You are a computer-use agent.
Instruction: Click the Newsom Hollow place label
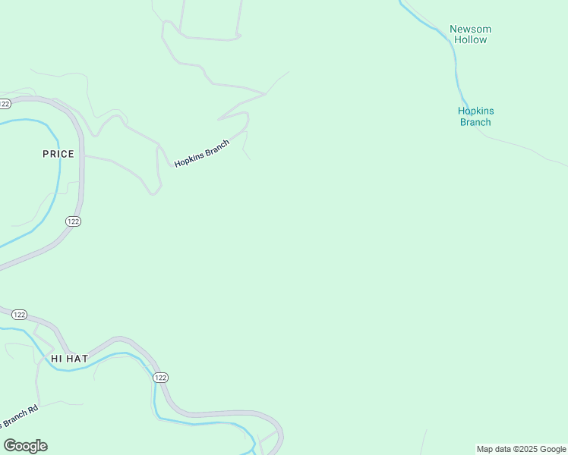point(471,34)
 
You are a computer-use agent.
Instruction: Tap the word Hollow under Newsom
point(471,39)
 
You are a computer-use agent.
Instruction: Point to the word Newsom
point(471,29)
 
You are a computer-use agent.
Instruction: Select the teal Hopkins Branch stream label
point(475,116)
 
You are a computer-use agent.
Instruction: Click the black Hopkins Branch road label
point(201,153)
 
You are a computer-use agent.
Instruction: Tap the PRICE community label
point(58,154)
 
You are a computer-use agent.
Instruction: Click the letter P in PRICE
point(46,154)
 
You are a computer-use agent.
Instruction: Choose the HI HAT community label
point(70,358)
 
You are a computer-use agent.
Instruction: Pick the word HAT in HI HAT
point(78,358)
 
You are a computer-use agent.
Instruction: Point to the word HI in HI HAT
point(56,358)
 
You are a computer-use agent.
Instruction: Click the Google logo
point(25,445)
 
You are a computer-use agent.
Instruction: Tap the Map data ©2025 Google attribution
point(521,449)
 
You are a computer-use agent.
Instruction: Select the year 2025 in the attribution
point(531,449)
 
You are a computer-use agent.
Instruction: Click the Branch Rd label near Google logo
point(19,418)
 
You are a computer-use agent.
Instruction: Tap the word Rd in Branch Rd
point(33,411)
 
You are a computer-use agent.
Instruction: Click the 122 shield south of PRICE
point(73,221)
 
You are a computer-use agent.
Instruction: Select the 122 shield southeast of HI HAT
point(159,378)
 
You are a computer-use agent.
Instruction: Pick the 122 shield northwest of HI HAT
point(20,315)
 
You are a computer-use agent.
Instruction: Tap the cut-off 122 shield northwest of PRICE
point(5,103)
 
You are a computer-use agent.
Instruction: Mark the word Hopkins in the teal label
point(475,111)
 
